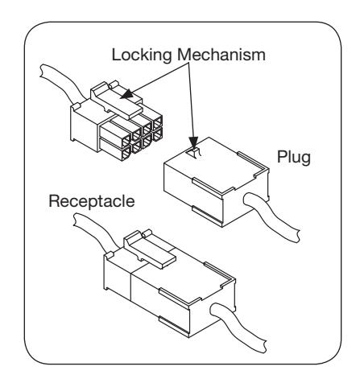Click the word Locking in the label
141,56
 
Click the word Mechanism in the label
221,55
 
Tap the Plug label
294,158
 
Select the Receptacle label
92,202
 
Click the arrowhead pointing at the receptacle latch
126,93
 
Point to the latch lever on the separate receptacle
116,100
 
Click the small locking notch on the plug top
194,153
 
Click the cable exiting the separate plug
271,216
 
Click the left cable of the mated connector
94,230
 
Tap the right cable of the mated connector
238,326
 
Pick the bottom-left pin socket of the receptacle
126,154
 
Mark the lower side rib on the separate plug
207,216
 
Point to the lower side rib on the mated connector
174,326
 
